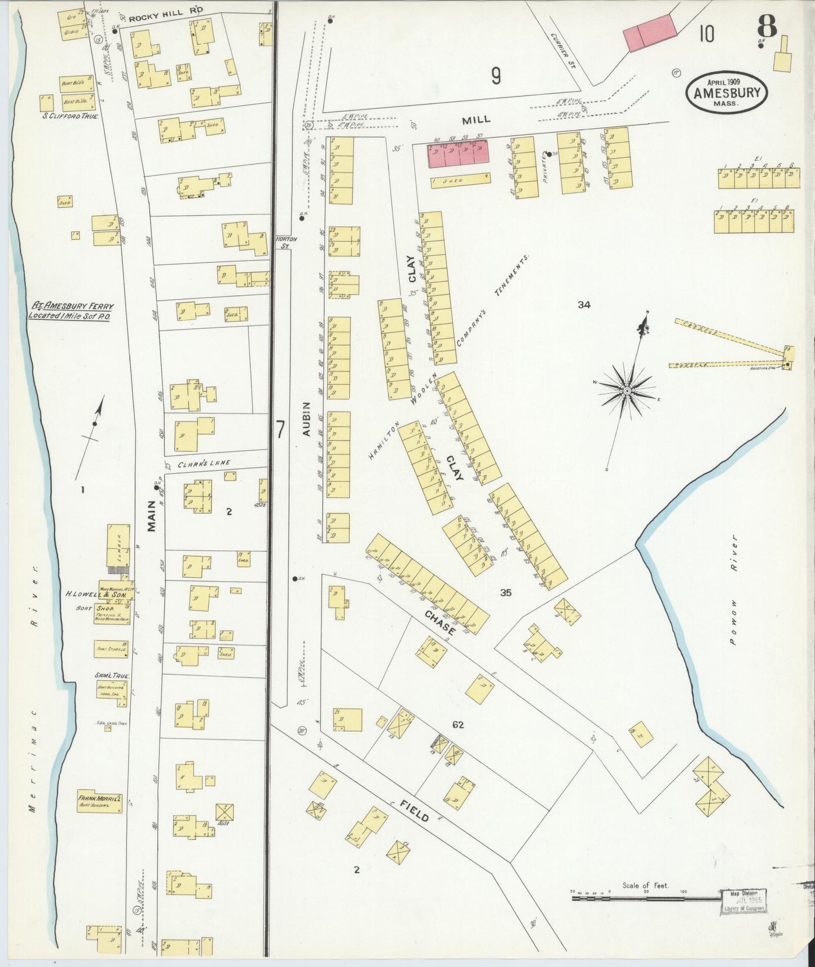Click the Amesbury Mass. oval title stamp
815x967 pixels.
[726, 92]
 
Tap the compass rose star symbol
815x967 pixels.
[627, 390]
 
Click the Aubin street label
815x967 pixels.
[306, 419]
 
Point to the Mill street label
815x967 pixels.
[476, 120]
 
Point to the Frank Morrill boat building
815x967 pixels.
[100, 800]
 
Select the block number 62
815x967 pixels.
[457, 724]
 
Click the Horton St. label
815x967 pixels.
[286, 241]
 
